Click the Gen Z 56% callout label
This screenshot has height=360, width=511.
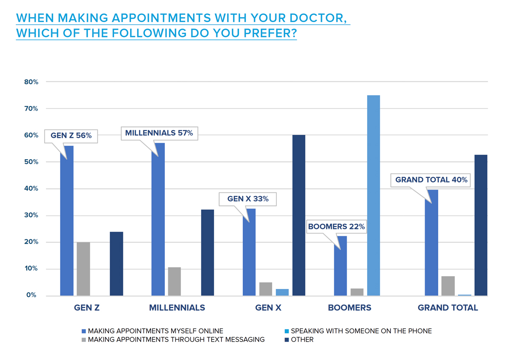[x=71, y=136]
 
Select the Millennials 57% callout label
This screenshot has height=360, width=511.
[x=159, y=133]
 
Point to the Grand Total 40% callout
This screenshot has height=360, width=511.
[x=431, y=180]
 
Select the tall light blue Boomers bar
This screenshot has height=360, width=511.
[x=373, y=195]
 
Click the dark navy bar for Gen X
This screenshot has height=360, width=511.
[x=299, y=215]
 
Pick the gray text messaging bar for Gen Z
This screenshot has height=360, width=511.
[x=83, y=269]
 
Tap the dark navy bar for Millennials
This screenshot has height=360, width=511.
[x=207, y=252]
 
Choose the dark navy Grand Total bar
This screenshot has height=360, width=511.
[x=481, y=225]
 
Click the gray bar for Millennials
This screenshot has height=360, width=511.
[x=174, y=281]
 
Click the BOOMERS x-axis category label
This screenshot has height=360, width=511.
[x=349, y=308]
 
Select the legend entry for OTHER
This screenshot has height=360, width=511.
[x=302, y=340]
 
